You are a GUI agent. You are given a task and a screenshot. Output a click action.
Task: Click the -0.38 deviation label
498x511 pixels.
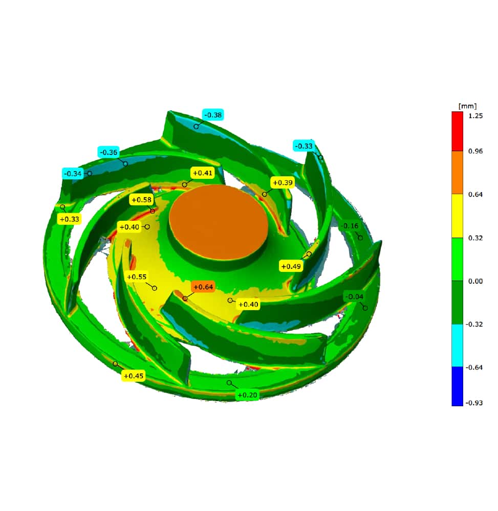[213, 115]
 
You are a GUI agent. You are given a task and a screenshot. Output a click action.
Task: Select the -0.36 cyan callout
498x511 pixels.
[109, 152]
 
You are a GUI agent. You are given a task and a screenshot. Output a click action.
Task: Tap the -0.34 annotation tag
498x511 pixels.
[73, 173]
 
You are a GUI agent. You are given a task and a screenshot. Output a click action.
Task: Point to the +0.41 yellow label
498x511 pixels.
[202, 173]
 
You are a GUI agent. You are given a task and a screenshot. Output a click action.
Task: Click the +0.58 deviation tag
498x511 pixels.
[141, 200]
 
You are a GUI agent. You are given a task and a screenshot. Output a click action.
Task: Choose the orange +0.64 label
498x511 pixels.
[203, 287]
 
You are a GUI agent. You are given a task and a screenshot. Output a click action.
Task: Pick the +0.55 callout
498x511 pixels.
[137, 276]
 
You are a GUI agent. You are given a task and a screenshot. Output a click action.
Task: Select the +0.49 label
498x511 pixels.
[291, 266]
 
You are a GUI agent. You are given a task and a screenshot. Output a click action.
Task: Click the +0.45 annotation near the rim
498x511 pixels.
[134, 376]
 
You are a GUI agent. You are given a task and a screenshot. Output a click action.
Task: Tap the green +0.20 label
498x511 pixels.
[247, 395]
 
